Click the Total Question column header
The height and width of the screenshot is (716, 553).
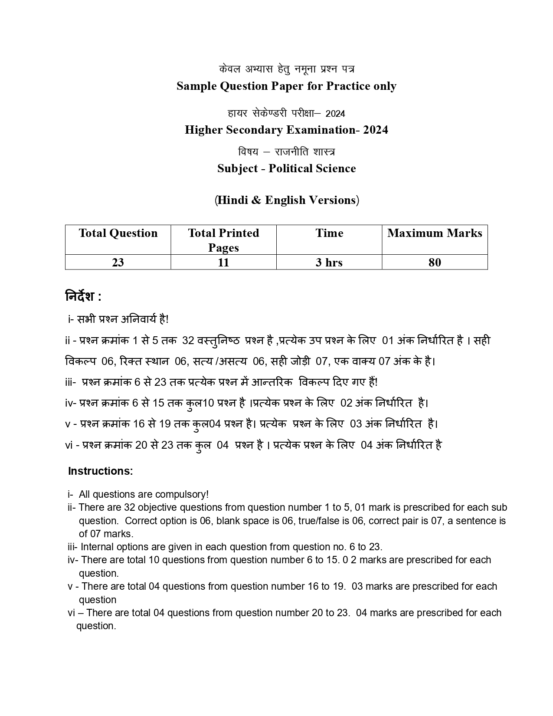point(118,233)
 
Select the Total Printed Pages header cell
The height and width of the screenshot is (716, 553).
point(223,240)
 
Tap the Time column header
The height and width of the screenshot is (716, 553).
point(329,233)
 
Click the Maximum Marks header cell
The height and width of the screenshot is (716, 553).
point(435,233)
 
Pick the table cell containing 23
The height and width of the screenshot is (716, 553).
point(118,263)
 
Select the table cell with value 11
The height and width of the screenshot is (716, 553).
point(223,263)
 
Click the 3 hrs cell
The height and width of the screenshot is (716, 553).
point(329,263)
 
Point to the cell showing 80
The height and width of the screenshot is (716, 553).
point(435,263)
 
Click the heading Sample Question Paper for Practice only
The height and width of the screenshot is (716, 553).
point(286,86)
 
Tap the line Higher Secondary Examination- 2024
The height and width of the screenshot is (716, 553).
point(286,130)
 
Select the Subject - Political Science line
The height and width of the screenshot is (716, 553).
point(286,168)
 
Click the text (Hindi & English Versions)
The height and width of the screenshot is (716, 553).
point(286,200)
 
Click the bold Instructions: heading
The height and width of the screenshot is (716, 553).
point(100,471)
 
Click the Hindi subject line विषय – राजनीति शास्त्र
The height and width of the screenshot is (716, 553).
point(286,152)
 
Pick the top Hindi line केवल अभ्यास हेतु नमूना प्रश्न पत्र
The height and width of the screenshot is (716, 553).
point(286,69)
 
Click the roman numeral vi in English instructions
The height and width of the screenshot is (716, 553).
point(72,613)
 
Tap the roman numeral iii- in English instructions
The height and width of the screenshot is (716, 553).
point(72,547)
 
